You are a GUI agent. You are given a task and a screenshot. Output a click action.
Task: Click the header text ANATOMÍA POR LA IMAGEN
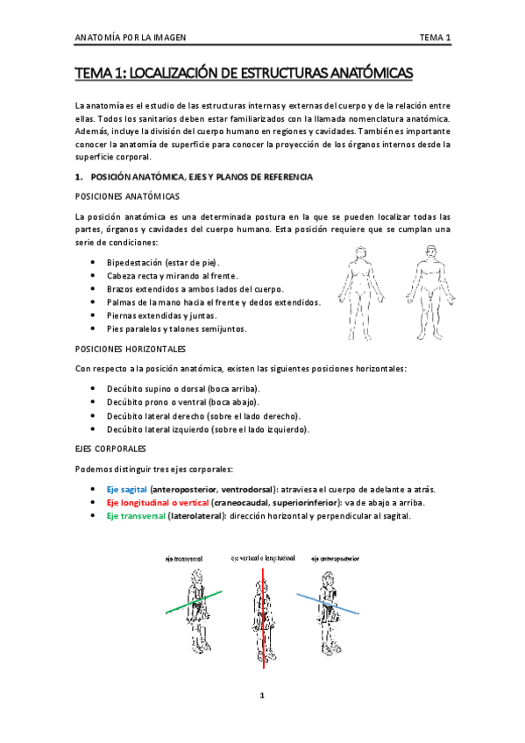131,37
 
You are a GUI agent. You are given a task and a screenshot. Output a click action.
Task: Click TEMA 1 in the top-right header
434,37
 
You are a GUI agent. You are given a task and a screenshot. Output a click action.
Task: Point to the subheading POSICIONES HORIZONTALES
131,348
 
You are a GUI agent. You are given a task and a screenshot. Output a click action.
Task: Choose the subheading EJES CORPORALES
110,447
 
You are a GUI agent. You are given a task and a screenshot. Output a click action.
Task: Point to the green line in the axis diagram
188,604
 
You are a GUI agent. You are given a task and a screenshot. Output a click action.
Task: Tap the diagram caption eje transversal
190,558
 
